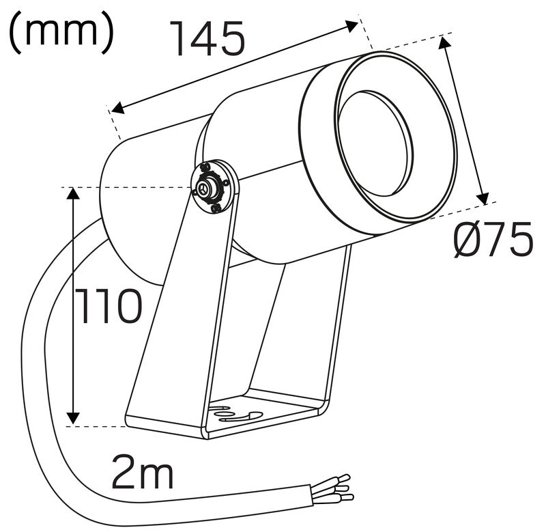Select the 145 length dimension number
pos(207,39)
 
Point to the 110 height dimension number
pos(109,307)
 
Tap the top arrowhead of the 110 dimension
pos(73,193)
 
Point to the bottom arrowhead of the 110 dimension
pos(73,417)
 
